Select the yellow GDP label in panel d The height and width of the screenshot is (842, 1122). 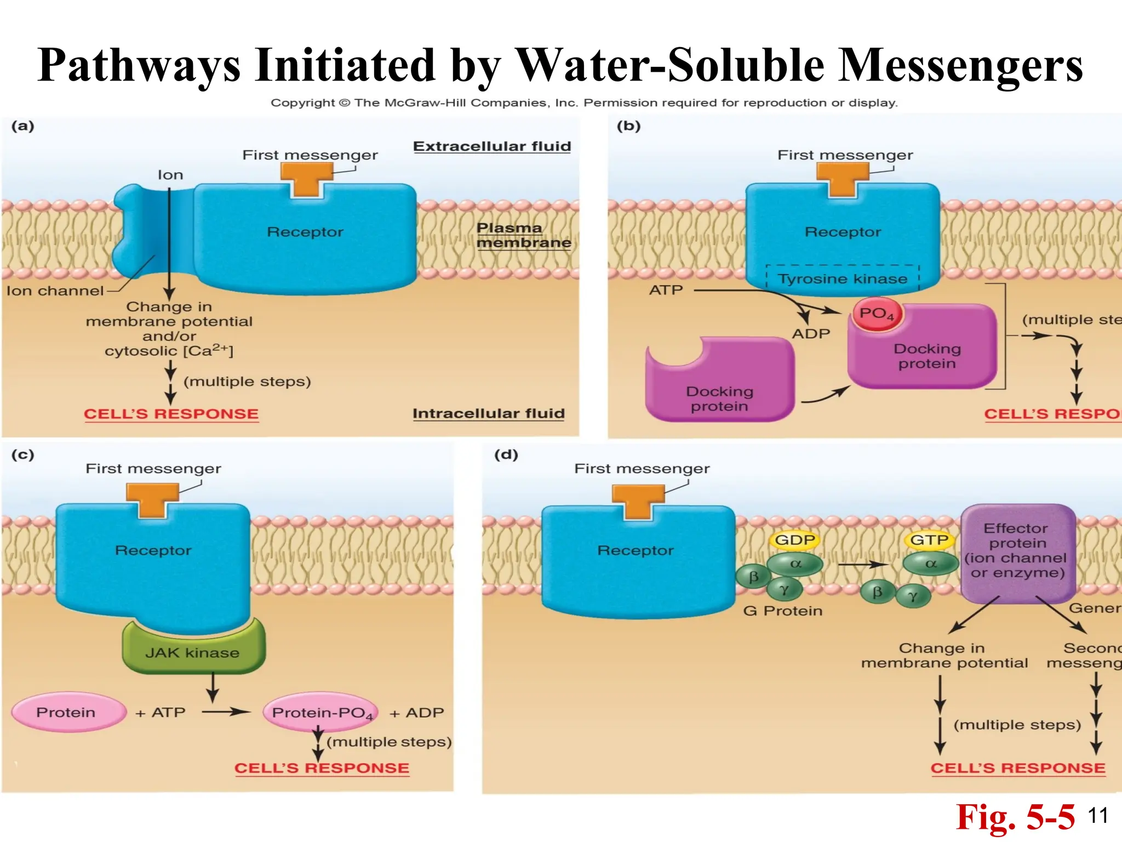(x=795, y=540)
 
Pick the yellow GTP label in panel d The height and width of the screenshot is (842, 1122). (x=929, y=540)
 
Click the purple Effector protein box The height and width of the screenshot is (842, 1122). (x=1017, y=551)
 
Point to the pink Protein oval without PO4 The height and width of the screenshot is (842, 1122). (x=67, y=712)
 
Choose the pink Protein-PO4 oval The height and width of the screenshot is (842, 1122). (x=322, y=712)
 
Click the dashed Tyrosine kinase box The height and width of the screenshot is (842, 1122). (x=843, y=278)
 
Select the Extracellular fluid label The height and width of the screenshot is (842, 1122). (x=492, y=146)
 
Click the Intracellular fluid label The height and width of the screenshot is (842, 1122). (x=488, y=413)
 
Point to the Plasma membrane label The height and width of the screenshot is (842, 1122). (x=523, y=235)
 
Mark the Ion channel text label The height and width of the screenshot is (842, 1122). (x=55, y=291)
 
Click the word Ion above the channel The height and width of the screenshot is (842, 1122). (x=170, y=175)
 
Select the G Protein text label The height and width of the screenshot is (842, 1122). (x=782, y=611)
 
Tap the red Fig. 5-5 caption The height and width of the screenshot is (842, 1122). (x=1015, y=817)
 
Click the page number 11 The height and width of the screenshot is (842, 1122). (x=1098, y=816)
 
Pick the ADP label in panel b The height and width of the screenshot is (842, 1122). (x=811, y=333)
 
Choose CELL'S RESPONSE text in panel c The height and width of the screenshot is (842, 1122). (x=322, y=768)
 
